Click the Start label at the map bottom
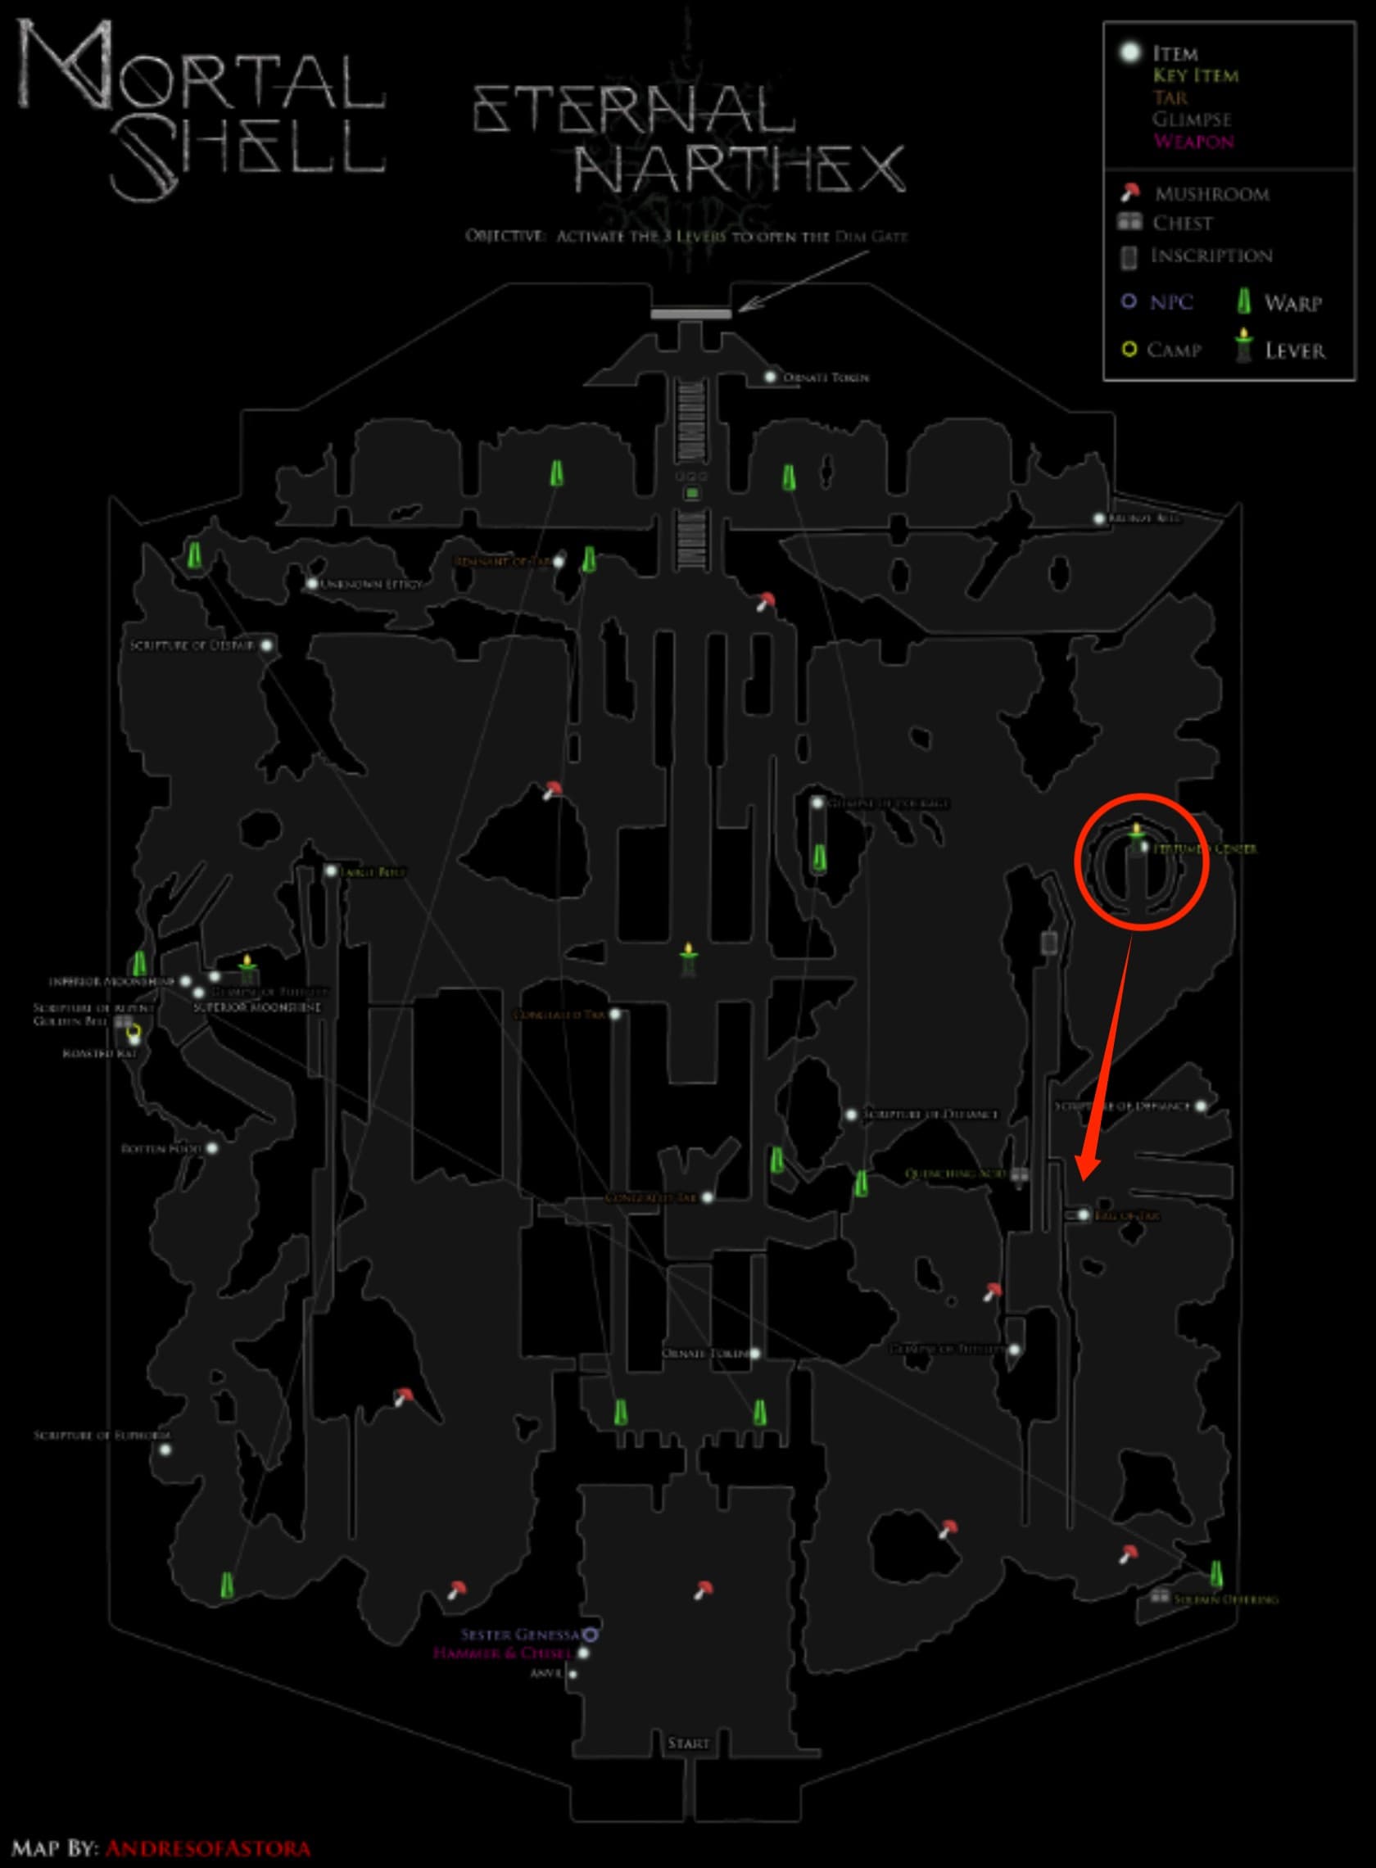[688, 1743]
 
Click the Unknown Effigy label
[371, 585]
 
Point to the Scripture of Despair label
[192, 645]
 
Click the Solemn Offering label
[1224, 1600]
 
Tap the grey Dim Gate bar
[690, 314]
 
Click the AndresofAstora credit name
[208, 1849]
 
